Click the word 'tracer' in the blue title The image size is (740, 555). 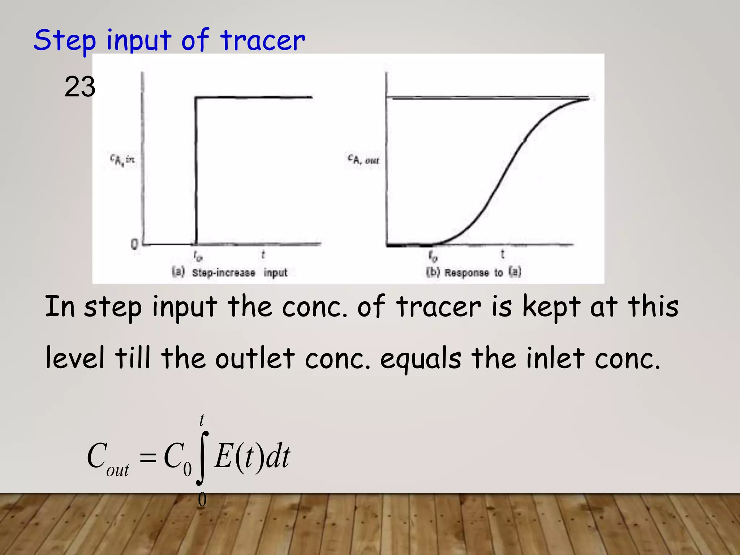(x=263, y=40)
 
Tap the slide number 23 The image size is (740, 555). (x=80, y=87)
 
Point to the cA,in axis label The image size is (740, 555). (x=122, y=159)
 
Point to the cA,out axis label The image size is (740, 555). (x=363, y=159)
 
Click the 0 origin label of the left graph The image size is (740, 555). (x=134, y=245)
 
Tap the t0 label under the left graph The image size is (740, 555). (x=198, y=257)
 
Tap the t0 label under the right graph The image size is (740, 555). (x=433, y=256)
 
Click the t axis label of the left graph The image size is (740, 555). (x=263, y=255)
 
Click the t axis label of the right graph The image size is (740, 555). (x=502, y=254)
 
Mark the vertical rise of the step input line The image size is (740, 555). (x=196, y=170)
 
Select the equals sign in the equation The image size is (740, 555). (x=148, y=458)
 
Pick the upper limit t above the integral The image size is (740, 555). (x=202, y=420)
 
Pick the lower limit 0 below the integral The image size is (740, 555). (x=202, y=500)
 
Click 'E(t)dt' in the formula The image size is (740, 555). (x=252, y=456)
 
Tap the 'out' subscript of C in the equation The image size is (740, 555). (x=118, y=470)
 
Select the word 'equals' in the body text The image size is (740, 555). (x=421, y=359)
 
